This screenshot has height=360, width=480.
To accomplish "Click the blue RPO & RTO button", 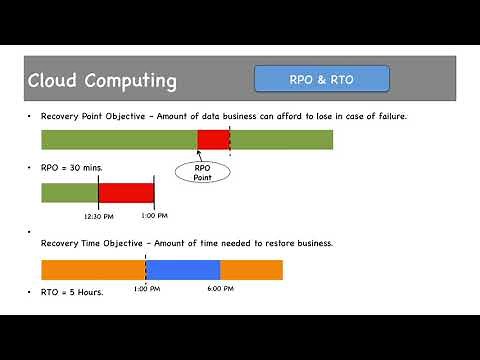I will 321,78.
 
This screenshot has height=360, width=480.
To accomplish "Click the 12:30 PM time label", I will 98,215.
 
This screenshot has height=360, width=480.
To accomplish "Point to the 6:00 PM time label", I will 220,288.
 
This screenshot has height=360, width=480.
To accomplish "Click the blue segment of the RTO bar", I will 183,269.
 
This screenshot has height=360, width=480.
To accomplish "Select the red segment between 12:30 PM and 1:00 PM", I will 126,192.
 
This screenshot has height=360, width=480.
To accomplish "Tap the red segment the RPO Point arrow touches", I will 213,139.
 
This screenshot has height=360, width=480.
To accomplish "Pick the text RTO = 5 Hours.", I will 71,292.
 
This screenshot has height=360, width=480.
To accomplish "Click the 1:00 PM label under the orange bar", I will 146,288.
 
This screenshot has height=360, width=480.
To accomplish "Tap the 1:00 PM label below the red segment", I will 154,215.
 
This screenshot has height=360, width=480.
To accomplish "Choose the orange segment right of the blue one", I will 251,269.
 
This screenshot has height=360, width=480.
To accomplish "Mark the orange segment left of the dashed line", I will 93,269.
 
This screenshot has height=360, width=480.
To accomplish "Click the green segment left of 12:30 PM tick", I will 69,192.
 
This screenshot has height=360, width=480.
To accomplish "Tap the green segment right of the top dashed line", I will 281,139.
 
